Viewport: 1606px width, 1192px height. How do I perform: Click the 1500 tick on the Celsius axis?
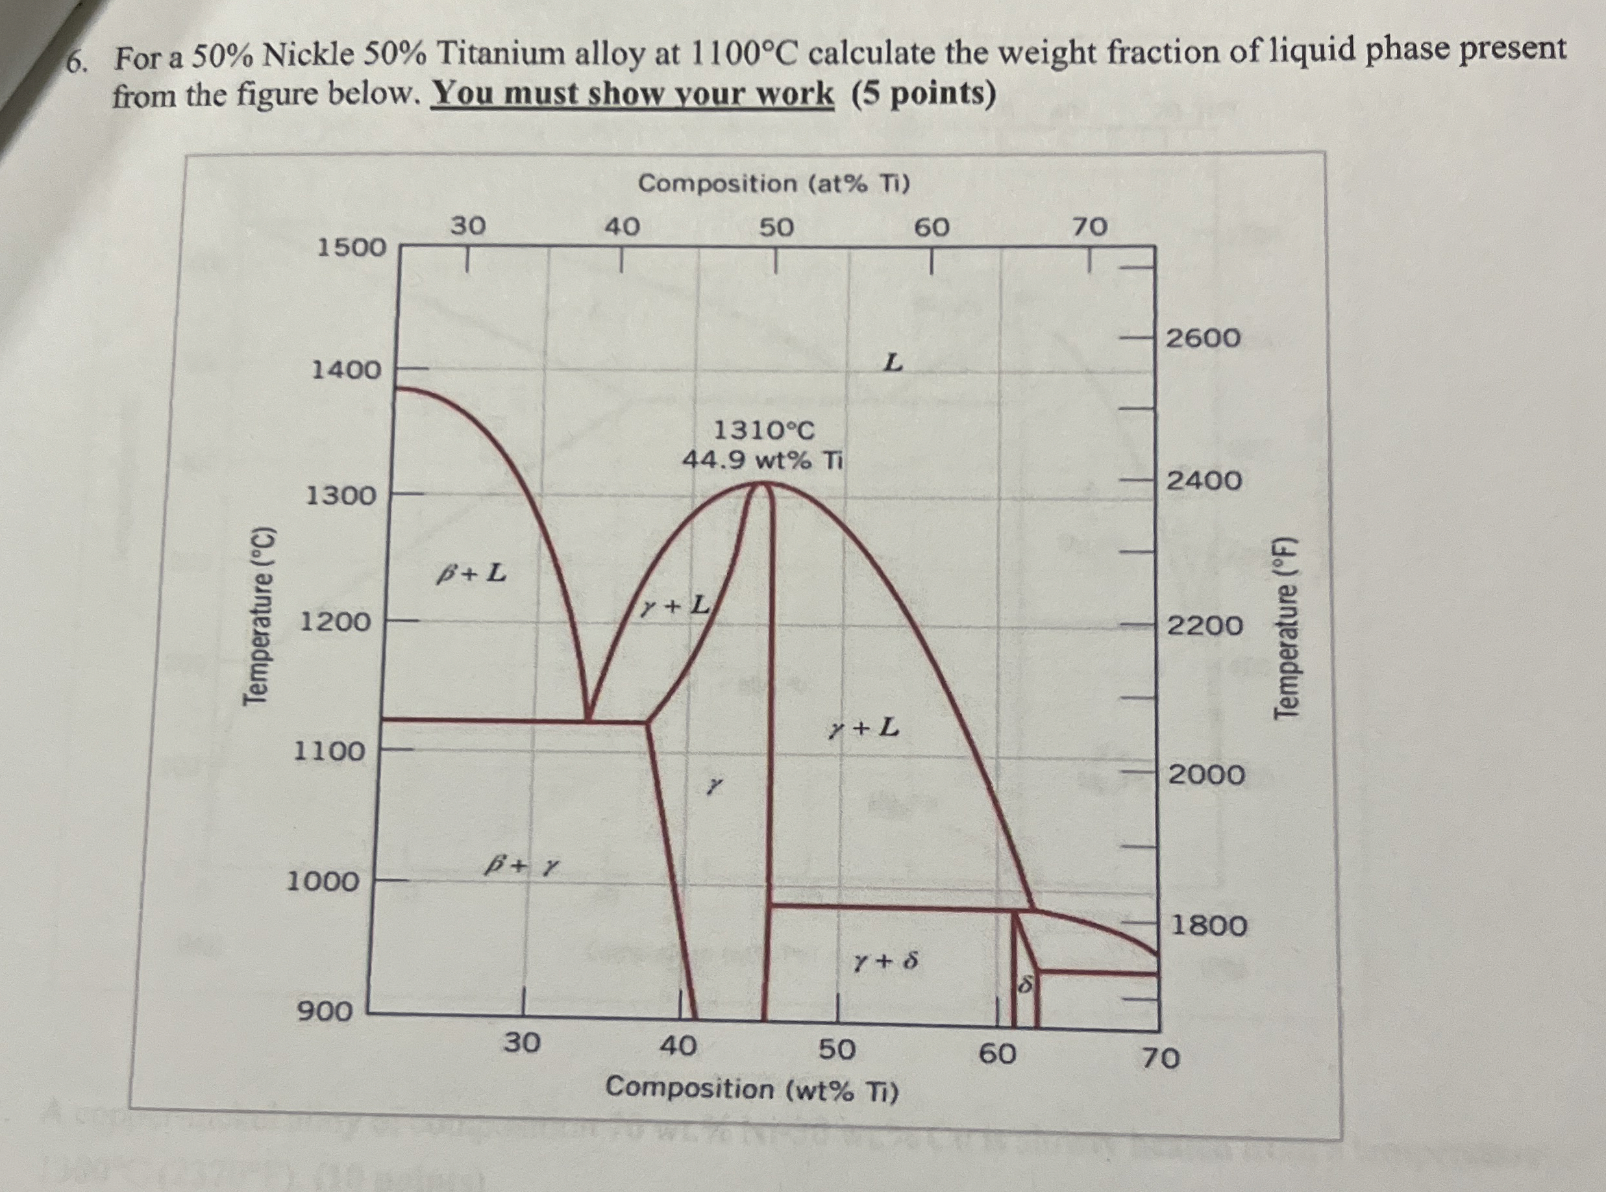352,247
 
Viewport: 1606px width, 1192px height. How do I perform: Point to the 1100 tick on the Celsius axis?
330,752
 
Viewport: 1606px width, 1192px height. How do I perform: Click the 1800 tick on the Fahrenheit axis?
1209,925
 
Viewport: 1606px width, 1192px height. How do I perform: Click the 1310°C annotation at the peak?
764,430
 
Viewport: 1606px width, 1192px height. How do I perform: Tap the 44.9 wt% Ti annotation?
763,460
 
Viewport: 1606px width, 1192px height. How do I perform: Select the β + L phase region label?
471,574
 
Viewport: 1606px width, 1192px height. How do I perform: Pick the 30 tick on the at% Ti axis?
468,227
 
